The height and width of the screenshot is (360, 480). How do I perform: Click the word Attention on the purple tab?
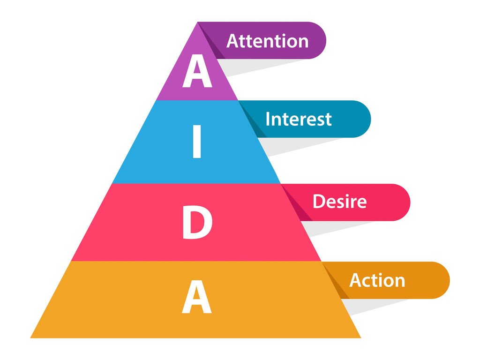click(x=267, y=41)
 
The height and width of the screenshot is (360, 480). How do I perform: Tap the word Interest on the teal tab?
click(x=298, y=119)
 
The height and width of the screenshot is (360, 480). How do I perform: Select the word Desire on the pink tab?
click(x=339, y=202)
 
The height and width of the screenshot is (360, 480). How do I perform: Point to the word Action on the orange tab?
click(x=377, y=280)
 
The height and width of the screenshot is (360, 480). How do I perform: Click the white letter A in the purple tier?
click(x=197, y=71)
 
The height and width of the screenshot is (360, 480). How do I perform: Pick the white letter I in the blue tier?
click(x=197, y=142)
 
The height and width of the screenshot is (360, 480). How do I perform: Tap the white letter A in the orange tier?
click(x=197, y=297)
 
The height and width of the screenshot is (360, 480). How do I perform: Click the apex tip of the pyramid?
click(x=198, y=22)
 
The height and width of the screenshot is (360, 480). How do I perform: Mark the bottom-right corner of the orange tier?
click(x=360, y=337)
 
